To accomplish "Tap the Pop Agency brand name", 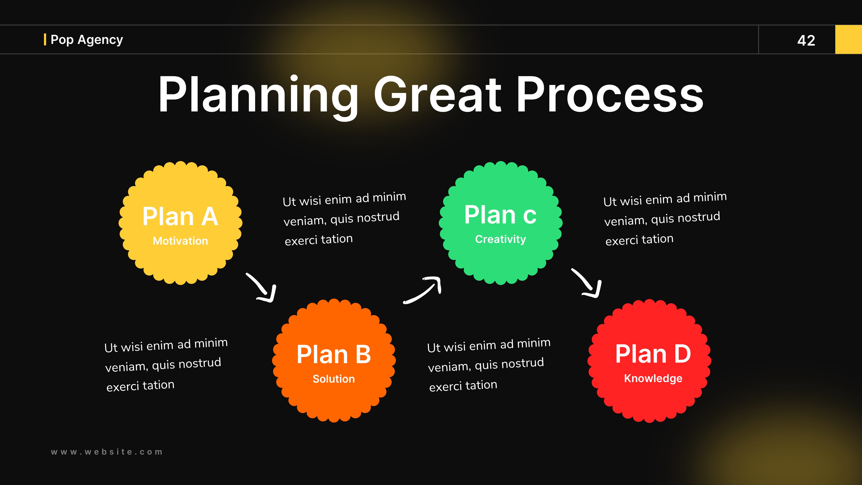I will [x=87, y=39].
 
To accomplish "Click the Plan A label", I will [x=180, y=217].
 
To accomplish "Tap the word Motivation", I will [x=180, y=241].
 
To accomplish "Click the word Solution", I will [x=334, y=379].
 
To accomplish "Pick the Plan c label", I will [x=500, y=215].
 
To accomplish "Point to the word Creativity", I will [x=500, y=239].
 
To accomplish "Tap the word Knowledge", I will [x=653, y=378].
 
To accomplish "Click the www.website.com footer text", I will [x=107, y=452].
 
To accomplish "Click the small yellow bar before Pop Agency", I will [x=45, y=39].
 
